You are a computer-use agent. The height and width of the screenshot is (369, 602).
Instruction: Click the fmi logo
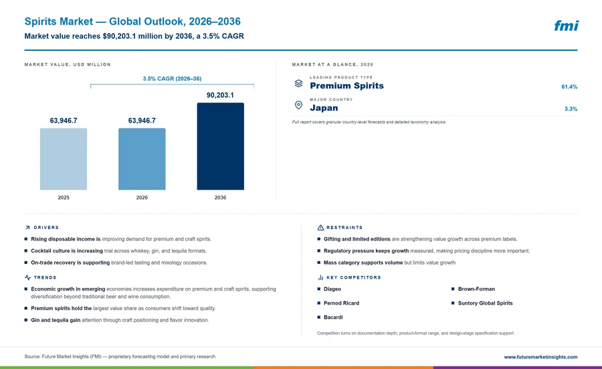coord(567,25)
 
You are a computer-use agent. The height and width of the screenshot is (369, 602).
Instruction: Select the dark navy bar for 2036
coord(220,146)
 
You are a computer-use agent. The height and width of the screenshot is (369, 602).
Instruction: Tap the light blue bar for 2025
coord(64,159)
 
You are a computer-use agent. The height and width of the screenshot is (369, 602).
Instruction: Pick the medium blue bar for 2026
coord(142,159)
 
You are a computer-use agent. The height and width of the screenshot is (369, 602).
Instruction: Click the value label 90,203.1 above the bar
coord(220,95)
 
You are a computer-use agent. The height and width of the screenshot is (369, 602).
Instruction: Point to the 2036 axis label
coord(220,198)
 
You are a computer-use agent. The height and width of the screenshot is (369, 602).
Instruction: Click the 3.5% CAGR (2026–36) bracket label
coord(172,78)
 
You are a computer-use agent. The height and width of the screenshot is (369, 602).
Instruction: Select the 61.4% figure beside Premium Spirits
coord(569,87)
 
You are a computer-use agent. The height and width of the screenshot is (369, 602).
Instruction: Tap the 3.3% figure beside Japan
coord(571,108)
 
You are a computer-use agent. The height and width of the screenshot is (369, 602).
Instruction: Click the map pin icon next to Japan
coord(298,105)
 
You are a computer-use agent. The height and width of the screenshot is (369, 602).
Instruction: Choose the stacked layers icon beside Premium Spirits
coord(298,83)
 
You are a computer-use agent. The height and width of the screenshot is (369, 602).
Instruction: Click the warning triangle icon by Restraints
coord(320,228)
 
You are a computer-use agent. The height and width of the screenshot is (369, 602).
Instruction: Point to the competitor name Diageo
coord(332,289)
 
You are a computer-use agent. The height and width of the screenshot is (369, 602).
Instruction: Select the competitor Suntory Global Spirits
coord(486,303)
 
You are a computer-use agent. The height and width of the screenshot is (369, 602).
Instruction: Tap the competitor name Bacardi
coord(333,317)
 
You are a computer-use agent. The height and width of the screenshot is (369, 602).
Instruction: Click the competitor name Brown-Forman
coord(476,289)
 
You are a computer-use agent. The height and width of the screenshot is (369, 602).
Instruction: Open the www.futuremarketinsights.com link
coord(540,357)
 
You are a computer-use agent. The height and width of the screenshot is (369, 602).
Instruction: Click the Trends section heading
coord(45,277)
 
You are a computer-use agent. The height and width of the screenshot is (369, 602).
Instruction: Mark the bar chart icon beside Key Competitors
coord(320,277)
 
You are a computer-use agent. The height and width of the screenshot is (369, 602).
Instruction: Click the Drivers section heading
coord(46,228)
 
